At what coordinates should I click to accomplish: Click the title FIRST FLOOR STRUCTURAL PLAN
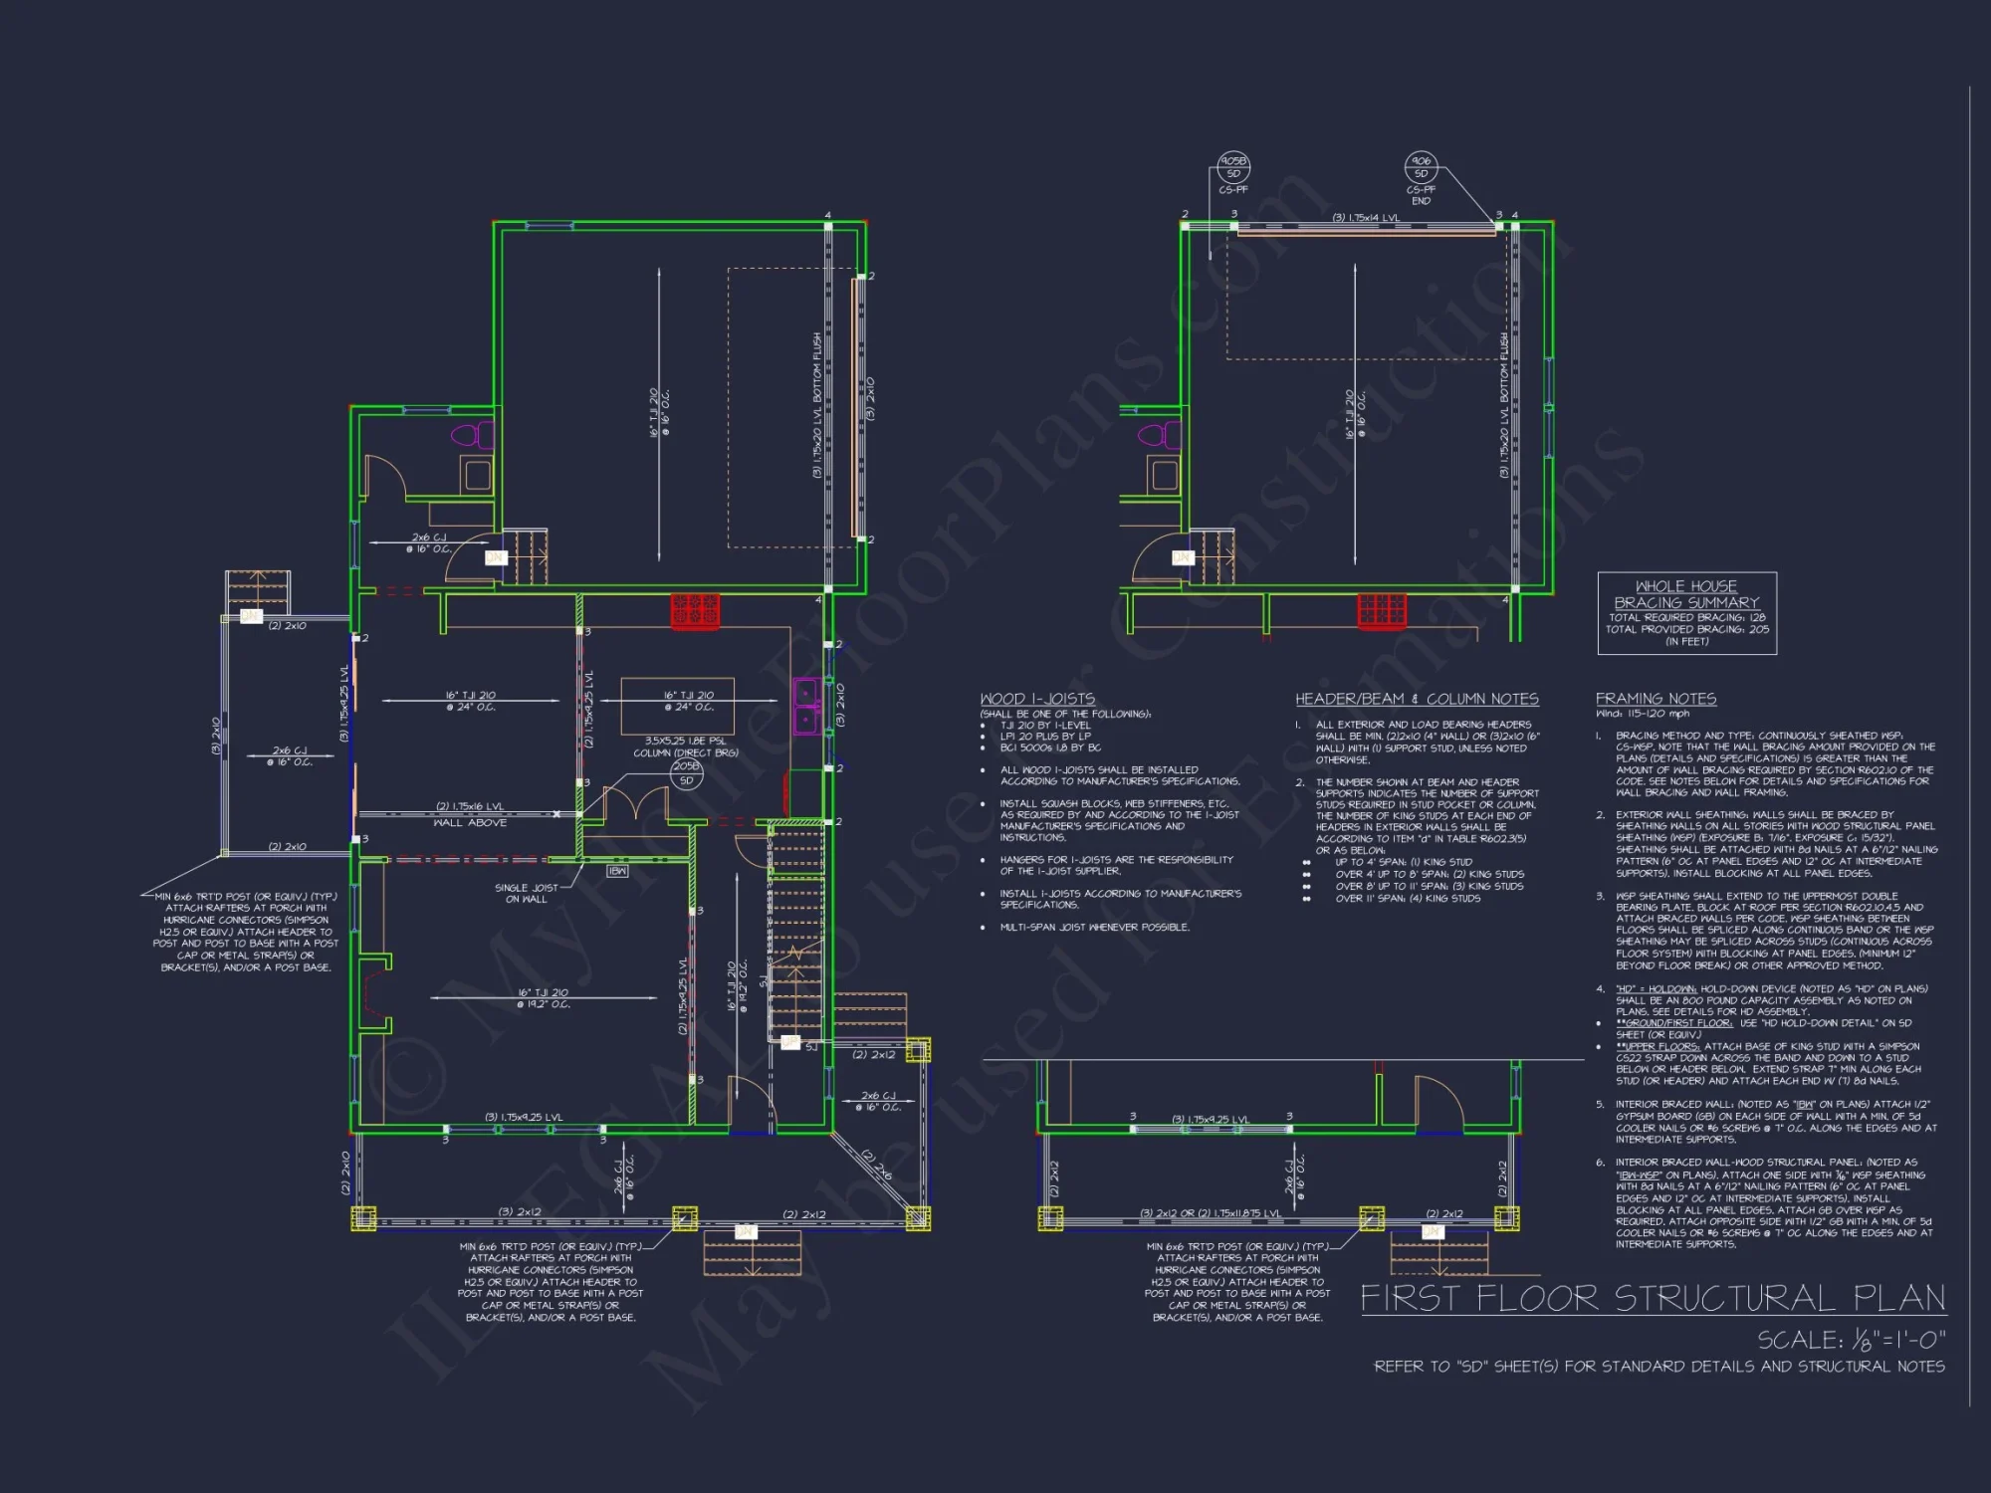coord(1653,1298)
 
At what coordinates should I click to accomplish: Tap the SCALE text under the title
coord(1851,1340)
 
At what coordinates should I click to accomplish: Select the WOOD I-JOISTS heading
coord(1036,699)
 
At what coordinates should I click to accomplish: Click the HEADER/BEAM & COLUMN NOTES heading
coord(1417,699)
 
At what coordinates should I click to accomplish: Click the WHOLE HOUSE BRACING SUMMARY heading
coord(1686,594)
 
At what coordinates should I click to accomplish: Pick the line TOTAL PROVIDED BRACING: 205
coord(1686,629)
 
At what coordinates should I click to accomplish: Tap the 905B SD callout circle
coord(1233,167)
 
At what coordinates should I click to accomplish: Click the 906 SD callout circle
coord(1421,167)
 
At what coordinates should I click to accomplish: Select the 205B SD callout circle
coord(686,773)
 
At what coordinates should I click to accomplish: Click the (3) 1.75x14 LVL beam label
coord(1366,218)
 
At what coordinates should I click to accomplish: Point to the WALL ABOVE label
coord(470,823)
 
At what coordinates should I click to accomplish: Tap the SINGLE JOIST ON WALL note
coord(527,893)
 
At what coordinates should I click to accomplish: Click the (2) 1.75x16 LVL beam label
coord(470,806)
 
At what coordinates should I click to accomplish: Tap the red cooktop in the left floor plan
coord(694,609)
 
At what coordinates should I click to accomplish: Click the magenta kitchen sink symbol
coord(806,705)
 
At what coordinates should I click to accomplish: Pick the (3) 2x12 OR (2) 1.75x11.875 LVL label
coord(1210,1213)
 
